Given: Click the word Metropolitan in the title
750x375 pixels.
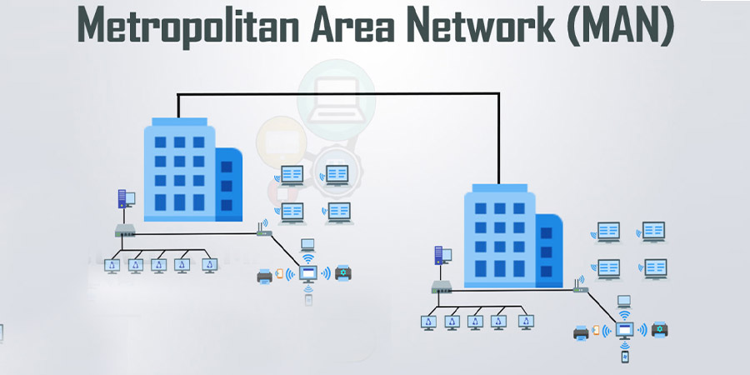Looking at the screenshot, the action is [x=188, y=25].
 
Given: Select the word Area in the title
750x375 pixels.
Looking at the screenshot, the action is [x=354, y=25].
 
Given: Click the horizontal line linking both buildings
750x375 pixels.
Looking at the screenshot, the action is [x=338, y=93].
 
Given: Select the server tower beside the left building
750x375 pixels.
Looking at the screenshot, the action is [x=122, y=199].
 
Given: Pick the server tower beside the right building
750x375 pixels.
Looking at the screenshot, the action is [x=439, y=256].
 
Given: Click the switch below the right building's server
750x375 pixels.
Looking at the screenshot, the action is [x=442, y=287].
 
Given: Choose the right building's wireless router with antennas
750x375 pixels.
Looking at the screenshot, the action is [x=581, y=286].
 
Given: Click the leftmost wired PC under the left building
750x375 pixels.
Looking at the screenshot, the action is [x=112, y=266].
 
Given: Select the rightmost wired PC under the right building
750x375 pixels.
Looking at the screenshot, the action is [x=526, y=322].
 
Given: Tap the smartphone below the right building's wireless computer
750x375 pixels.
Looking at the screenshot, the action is [x=624, y=357].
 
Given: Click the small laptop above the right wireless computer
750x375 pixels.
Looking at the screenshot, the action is [x=623, y=302].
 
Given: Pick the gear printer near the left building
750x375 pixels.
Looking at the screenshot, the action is [x=343, y=272].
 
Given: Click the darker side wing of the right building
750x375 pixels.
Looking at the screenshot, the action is [x=549, y=251].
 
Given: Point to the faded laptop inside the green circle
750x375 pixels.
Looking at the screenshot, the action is [x=335, y=99].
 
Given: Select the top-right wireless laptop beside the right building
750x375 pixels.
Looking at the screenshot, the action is [x=652, y=232].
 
